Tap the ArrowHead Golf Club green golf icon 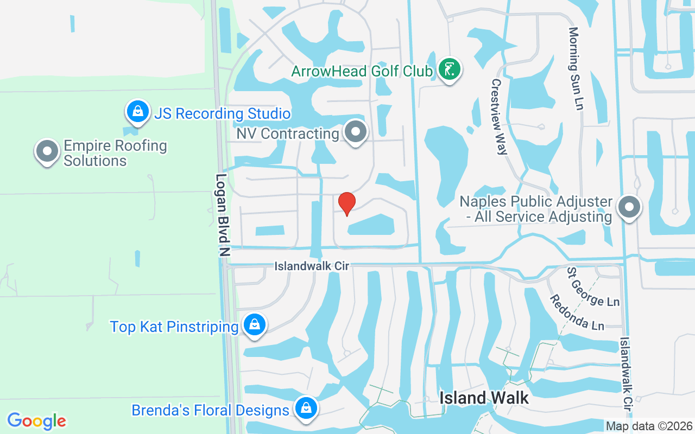pos(449,70)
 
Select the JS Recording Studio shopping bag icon pos(138,112)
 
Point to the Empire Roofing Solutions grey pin pos(47,151)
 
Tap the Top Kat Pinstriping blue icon pos(254,325)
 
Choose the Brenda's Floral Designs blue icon pos(306,408)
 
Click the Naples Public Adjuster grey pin pos(629,207)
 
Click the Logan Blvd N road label pos(223,215)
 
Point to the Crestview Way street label pos(498,117)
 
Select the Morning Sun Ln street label pos(575,69)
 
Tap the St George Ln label pos(593,286)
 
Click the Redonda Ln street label pos(577,312)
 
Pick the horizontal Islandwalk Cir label pos(312,266)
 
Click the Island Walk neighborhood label pos(484,398)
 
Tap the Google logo pos(36,421)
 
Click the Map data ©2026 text pos(649,426)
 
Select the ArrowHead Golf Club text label pos(362,71)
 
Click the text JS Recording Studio pos(223,114)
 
